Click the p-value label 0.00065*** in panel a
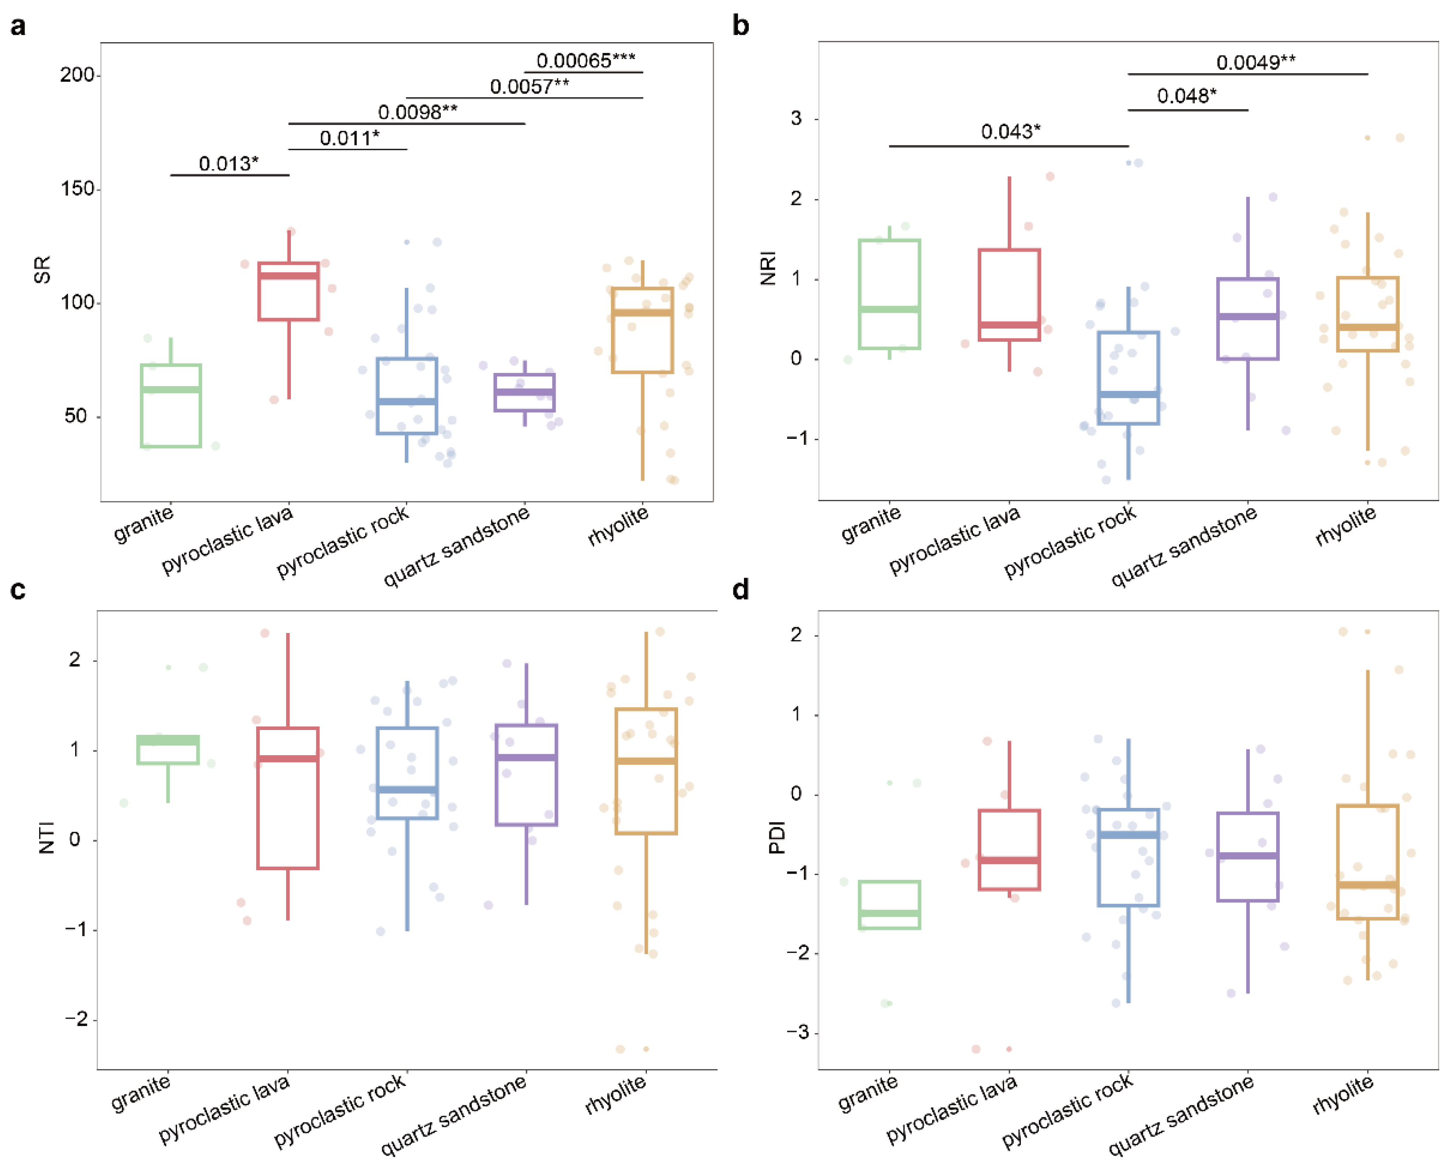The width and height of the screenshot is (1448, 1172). point(585,61)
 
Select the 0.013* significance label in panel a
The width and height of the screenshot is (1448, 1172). point(228,163)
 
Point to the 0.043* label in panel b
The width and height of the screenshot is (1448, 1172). point(1010,132)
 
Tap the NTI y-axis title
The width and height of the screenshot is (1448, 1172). point(47,837)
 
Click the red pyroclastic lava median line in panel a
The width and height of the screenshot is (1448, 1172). point(288,275)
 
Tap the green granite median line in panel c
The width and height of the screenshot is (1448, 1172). point(168,741)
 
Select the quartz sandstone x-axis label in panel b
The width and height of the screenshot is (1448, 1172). point(1183,546)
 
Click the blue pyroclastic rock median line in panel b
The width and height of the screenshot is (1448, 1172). point(1128,394)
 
